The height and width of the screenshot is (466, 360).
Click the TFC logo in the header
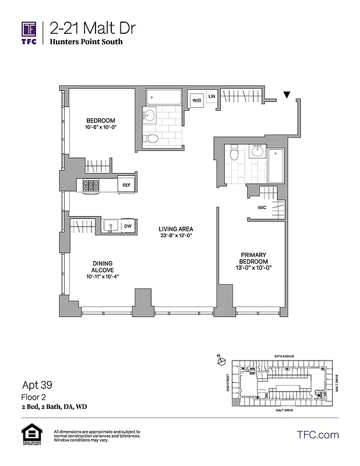29,33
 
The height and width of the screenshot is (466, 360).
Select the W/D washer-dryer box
197,101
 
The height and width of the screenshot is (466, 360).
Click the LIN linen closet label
212,96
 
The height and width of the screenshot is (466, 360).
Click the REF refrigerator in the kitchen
125,185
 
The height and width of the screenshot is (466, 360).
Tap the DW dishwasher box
127,225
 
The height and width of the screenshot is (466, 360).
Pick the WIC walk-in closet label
262,207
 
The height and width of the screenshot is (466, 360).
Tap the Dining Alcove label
101,267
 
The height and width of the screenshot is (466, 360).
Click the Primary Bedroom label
255,258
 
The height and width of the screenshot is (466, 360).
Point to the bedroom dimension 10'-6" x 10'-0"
101,126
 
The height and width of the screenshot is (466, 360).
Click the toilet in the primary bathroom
234,153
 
